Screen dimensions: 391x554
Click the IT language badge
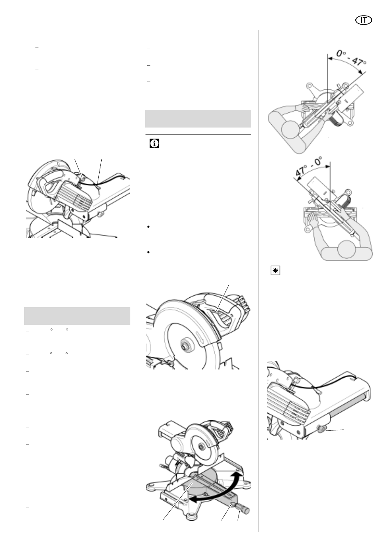(x=363, y=20)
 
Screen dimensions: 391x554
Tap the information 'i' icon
(x=154, y=144)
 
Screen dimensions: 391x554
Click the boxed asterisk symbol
(x=275, y=271)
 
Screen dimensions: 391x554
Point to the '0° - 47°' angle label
(x=352, y=57)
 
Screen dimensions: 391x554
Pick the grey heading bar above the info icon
(x=198, y=119)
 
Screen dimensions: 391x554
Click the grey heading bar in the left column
(x=77, y=316)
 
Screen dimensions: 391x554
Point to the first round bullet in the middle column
(x=148, y=227)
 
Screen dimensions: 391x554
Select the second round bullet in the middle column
(x=148, y=252)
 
